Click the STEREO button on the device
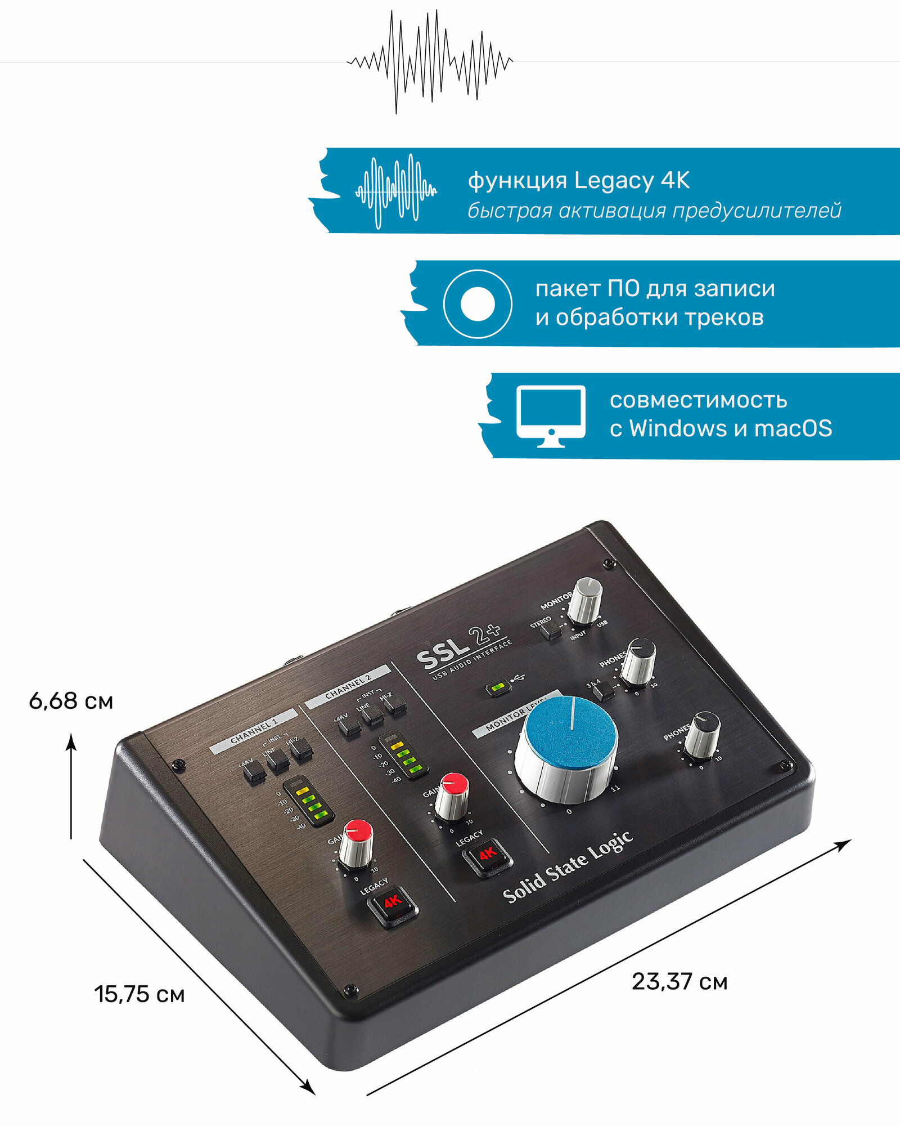click(x=551, y=628)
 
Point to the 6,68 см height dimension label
click(x=71, y=701)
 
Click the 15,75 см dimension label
click(x=139, y=994)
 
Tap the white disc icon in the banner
click(x=478, y=304)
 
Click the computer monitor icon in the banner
click(x=551, y=415)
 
